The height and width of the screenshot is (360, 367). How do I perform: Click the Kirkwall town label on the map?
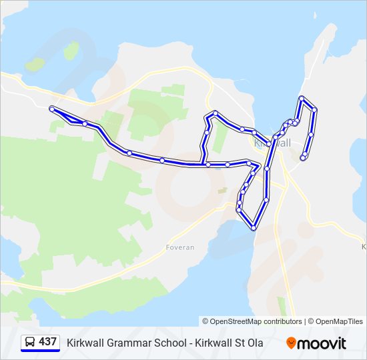coord(273,143)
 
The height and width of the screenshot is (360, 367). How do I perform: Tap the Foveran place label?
coord(179,247)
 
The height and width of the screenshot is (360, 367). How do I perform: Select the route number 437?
coord(47,342)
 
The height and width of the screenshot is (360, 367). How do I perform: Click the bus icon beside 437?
coord(31,342)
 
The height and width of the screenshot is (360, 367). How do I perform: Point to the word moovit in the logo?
coord(322,343)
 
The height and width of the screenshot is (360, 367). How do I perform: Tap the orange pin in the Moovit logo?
coord(291,343)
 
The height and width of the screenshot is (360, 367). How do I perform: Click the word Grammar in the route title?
coord(127,343)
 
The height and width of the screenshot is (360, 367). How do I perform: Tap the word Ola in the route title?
coord(254,343)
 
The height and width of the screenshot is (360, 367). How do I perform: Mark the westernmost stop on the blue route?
coord(52,108)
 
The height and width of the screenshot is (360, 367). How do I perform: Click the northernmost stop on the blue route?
coord(302,99)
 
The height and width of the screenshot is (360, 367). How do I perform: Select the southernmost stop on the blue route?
coord(254,228)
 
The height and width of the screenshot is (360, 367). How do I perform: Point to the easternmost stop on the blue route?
coord(314,109)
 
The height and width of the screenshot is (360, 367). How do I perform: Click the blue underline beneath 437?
coord(40,350)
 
